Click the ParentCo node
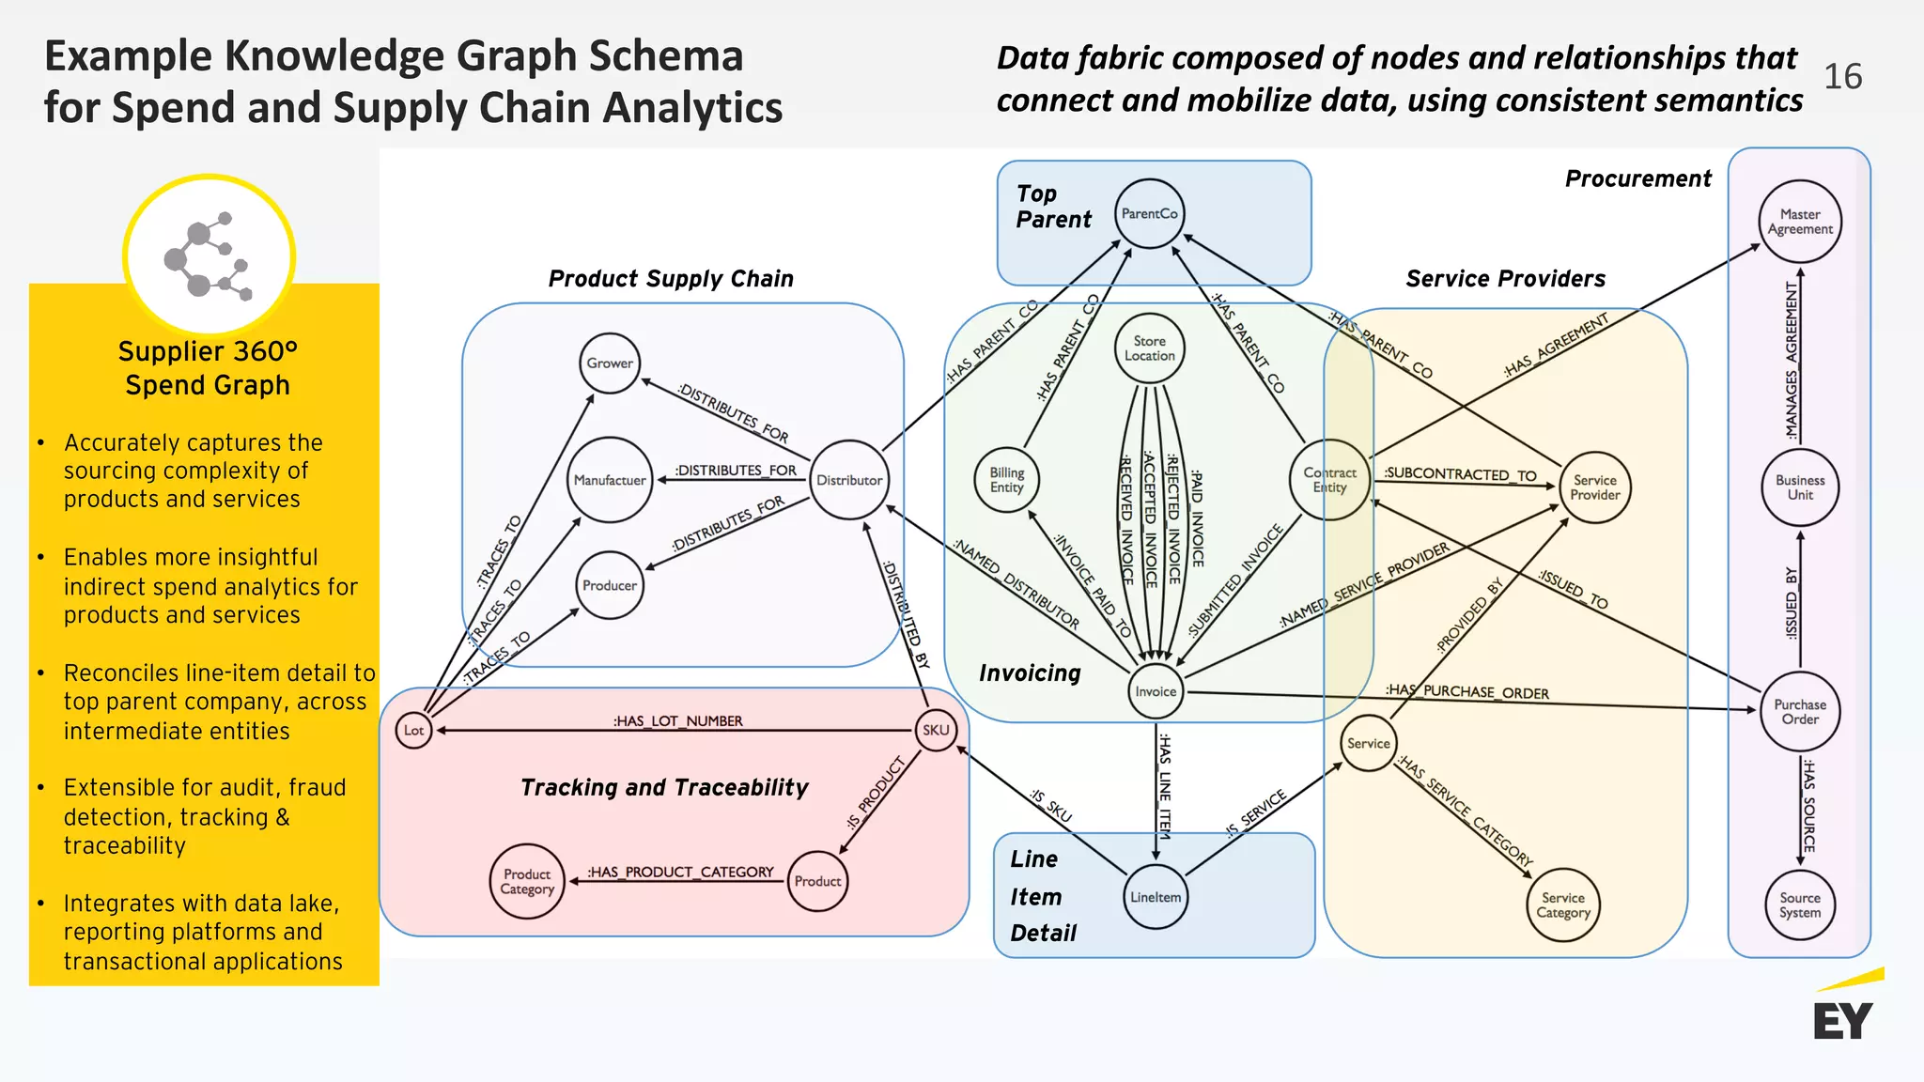pos(1149,214)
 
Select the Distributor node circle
pos(849,480)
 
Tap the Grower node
pos(610,363)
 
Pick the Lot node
pos(413,730)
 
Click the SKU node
pos(936,730)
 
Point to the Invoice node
pos(1156,691)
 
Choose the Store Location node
pos(1149,348)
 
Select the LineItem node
pos(1156,897)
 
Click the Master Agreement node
pos(1800,222)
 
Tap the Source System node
pos(1800,905)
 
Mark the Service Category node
pos(1563,905)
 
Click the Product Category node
pos(527,881)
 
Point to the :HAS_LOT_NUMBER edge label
pos(677,720)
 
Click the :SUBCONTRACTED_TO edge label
pos(1460,474)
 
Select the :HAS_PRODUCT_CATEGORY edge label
pos(680,872)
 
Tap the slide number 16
pos(1842,77)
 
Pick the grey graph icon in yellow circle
pos(209,255)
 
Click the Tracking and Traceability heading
pos(664,787)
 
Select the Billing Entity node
pos(1006,480)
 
